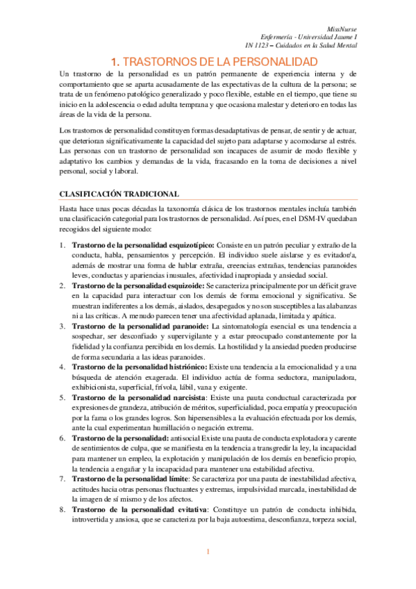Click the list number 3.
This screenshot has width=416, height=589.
63,325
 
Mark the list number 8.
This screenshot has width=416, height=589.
63,511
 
